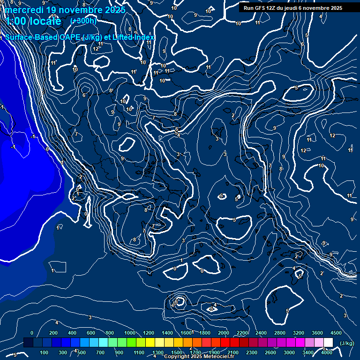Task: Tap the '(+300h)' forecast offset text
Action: point(83,21)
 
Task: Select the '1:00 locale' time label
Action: point(33,21)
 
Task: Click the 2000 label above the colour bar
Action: point(224,333)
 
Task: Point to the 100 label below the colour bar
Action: point(45,352)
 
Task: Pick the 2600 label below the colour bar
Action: point(270,352)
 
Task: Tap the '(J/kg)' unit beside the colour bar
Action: point(346,343)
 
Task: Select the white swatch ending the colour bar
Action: point(328,343)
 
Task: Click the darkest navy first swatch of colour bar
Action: point(28,343)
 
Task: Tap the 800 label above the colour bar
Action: point(110,333)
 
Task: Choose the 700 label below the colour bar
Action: point(100,352)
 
